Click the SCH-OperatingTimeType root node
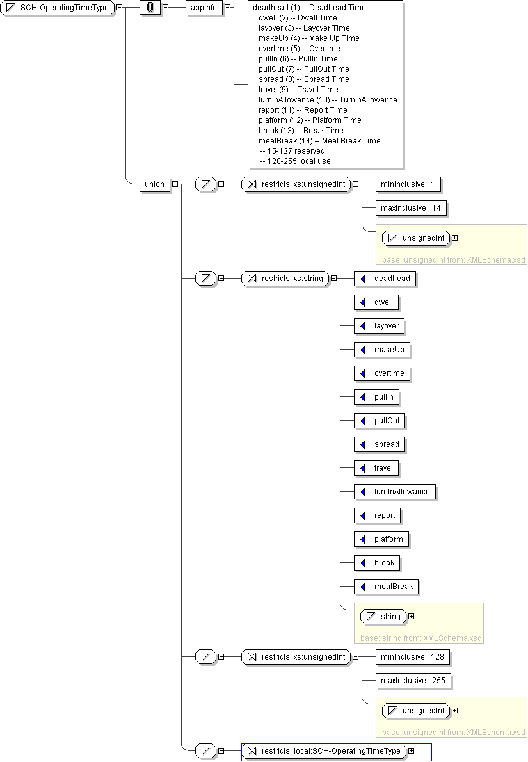tap(58, 8)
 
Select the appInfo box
tap(205, 8)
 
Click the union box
tap(154, 184)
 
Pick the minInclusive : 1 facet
tap(408, 184)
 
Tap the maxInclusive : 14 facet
tap(411, 208)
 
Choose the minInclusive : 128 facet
tap(412, 657)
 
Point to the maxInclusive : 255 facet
tap(413, 681)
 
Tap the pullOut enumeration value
tap(381, 421)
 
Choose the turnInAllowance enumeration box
tap(396, 492)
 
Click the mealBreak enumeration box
tap(388, 587)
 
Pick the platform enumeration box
tap(382, 539)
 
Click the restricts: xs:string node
tap(285, 279)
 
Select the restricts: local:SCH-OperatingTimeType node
tap(324, 751)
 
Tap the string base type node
tap(383, 617)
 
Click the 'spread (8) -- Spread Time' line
tap(303, 79)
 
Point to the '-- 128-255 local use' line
tap(295, 161)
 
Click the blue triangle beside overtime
tap(363, 373)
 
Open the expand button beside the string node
tap(412, 617)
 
